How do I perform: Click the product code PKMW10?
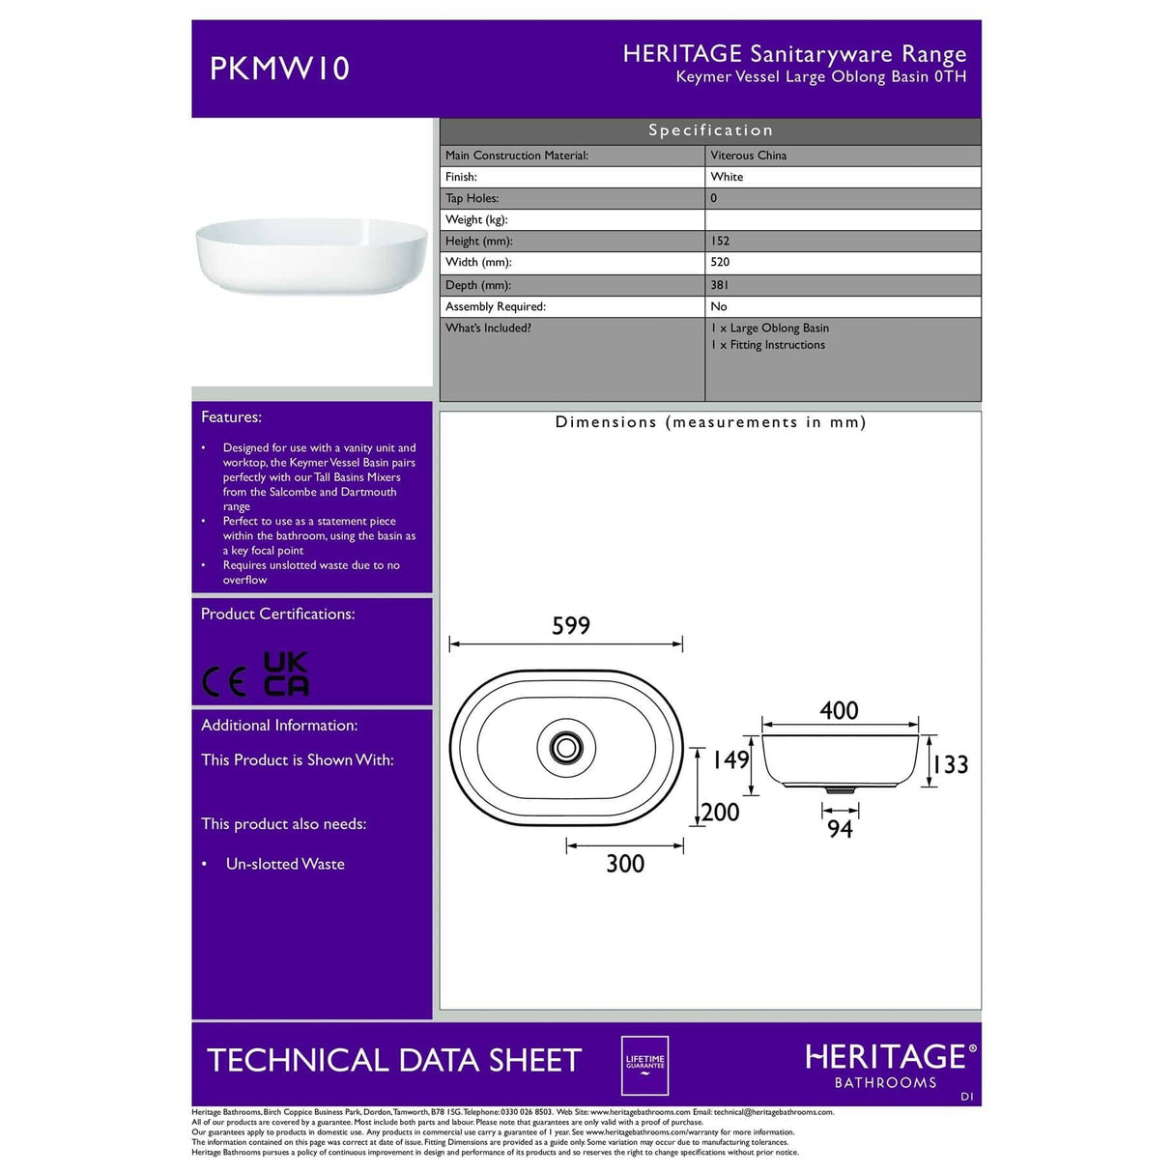tap(279, 69)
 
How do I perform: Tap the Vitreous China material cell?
tap(748, 156)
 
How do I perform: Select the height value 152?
tap(720, 241)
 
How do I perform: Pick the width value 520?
tap(720, 262)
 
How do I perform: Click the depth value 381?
tap(720, 285)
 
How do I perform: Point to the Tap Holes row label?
tap(472, 198)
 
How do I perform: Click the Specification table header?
tap(710, 130)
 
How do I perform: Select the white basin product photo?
tap(311, 255)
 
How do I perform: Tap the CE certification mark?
tap(224, 682)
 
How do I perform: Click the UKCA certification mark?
tap(286, 673)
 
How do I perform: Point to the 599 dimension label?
tap(570, 626)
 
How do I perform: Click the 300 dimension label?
tap(625, 863)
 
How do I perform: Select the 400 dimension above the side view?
tap(839, 711)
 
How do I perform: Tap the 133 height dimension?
tap(951, 764)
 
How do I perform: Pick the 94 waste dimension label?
tap(840, 829)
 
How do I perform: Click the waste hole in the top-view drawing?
tap(565, 747)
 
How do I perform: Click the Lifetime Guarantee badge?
tap(644, 1064)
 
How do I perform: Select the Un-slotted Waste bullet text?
tap(285, 864)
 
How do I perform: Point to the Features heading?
tap(231, 417)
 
